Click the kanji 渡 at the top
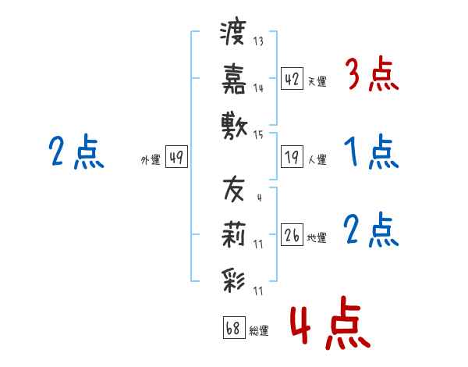232,32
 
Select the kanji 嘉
234,79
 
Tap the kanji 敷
234,126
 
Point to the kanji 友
234,189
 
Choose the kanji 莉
233,234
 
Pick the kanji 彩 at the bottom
233,281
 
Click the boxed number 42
292,78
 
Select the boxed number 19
292,157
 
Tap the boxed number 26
292,235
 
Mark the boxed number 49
176,157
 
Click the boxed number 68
234,327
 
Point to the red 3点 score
373,73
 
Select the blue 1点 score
371,151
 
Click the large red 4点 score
331,322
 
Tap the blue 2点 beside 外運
76,151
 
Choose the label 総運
259,330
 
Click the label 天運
317,81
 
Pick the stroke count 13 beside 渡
258,41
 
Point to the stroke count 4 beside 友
260,198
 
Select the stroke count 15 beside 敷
258,135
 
